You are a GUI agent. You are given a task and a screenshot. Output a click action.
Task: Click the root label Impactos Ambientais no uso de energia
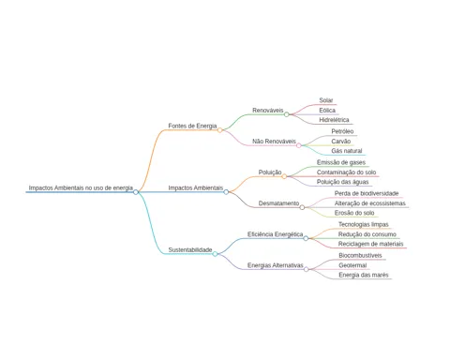81,187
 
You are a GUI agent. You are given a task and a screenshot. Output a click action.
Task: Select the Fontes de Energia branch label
192,126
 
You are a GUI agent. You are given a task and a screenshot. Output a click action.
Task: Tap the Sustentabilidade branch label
190,249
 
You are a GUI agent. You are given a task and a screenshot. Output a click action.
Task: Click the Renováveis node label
268,111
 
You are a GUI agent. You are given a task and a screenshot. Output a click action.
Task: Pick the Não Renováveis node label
274,142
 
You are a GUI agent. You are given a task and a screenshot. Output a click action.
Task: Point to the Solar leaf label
326,100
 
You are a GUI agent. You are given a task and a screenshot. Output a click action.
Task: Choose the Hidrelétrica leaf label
334,120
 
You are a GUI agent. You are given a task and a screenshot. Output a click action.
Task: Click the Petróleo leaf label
342,131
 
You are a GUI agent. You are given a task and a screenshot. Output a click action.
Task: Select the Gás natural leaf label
347,151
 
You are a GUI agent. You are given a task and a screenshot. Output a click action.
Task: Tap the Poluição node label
270,172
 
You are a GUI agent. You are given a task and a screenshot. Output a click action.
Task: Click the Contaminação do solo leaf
346,172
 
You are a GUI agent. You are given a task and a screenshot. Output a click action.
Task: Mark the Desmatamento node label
278,203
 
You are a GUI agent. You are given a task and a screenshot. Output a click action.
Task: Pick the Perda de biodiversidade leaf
367,193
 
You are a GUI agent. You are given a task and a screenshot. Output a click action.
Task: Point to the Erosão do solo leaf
354,213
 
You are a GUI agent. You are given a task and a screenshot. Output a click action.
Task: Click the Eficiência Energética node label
275,234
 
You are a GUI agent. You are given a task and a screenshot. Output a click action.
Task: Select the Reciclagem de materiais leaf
371,244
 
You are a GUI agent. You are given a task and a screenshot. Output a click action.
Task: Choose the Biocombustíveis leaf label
360,255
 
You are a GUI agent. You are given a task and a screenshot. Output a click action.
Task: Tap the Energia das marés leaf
364,275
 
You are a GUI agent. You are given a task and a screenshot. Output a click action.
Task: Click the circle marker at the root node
136,192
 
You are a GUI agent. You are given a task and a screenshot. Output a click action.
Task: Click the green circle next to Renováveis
287,114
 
